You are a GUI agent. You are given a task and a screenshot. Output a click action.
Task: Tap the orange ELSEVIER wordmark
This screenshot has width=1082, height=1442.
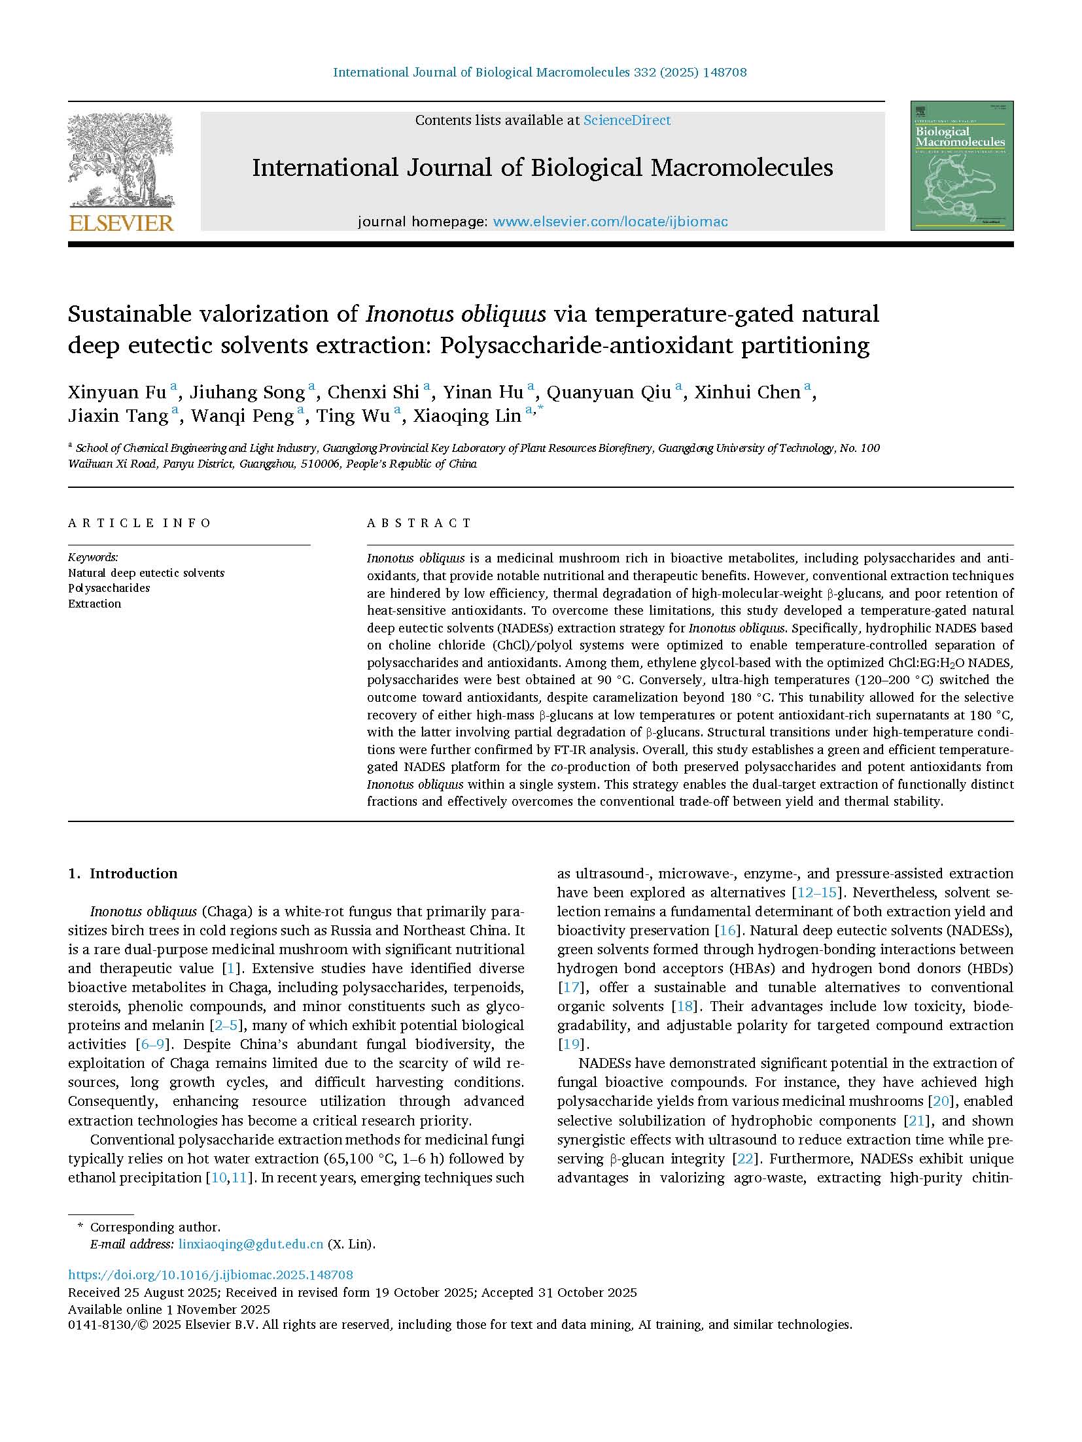point(121,223)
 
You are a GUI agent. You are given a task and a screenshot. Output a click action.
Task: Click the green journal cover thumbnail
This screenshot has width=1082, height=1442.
point(962,165)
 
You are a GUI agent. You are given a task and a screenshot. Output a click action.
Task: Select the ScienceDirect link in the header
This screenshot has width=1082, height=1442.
point(627,120)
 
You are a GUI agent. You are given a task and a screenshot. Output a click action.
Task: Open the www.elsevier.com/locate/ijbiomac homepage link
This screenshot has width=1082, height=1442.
point(610,222)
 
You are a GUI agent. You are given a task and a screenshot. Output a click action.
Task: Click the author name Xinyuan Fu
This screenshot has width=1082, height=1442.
point(116,392)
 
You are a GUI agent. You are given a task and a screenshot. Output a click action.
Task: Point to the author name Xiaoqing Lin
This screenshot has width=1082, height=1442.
point(467,416)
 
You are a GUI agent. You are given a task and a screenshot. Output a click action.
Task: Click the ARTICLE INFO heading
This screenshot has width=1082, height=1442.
point(140,523)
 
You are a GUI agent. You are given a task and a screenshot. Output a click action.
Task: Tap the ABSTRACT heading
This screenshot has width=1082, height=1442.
point(419,523)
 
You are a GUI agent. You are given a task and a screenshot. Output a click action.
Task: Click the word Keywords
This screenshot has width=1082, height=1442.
point(93,558)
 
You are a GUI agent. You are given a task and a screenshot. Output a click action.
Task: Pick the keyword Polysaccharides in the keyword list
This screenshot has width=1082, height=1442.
point(109,588)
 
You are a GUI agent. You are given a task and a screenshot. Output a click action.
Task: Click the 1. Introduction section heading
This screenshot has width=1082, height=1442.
point(123,874)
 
